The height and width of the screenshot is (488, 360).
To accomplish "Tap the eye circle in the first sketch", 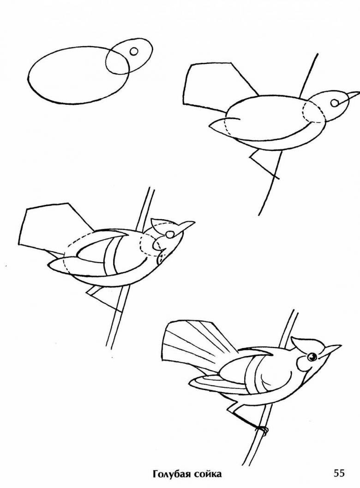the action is click(x=133, y=51).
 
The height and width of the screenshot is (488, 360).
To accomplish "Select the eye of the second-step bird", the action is click(x=335, y=102).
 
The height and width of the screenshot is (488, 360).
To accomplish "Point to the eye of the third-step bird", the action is click(x=169, y=235).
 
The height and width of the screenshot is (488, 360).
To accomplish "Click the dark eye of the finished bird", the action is click(x=311, y=357).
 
